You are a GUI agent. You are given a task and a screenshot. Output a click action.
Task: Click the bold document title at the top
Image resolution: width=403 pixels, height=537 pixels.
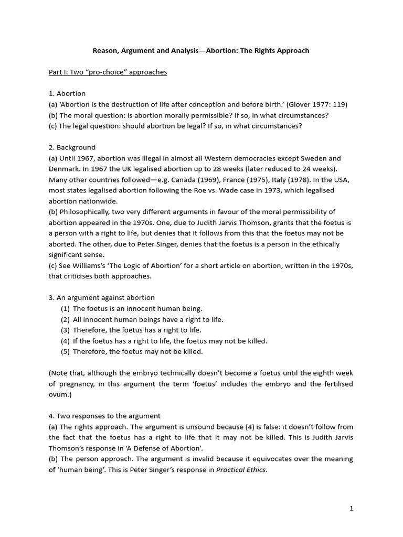[201, 51]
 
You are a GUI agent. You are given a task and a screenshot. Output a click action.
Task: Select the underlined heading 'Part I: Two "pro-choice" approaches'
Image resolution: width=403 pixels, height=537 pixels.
[108, 72]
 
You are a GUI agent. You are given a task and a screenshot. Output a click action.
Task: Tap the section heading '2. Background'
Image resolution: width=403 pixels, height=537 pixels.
[72, 147]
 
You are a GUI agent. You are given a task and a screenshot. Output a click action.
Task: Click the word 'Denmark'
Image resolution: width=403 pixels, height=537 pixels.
[63, 169]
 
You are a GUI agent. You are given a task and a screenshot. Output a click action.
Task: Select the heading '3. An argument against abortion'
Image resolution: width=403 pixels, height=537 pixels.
[102, 298]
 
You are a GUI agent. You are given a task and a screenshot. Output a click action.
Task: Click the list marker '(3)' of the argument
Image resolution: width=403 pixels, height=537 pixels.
[65, 330]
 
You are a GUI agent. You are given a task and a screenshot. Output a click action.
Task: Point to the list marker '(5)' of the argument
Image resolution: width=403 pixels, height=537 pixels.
[65, 351]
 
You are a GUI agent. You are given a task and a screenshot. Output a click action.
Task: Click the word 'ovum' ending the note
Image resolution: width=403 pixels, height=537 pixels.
[58, 394]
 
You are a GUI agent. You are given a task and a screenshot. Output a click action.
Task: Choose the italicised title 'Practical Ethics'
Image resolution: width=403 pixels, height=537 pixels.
[241, 470]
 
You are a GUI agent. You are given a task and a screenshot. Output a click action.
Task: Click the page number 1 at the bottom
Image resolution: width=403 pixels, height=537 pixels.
[351, 508]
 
